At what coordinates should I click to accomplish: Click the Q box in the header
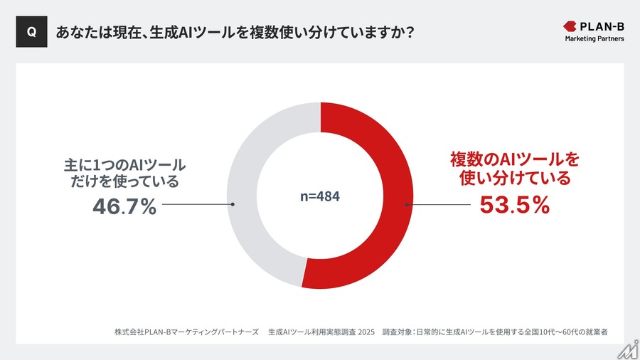[31, 32]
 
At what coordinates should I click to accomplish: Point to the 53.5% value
[515, 205]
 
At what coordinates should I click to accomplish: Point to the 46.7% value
[124, 207]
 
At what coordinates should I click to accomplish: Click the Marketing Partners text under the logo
[594, 38]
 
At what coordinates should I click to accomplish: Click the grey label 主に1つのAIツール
[124, 165]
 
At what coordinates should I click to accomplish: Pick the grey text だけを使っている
[124, 183]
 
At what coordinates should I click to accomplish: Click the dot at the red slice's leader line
[407, 205]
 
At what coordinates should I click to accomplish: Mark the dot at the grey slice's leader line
[233, 204]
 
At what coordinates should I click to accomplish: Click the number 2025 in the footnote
[362, 332]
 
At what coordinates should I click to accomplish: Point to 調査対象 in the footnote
[400, 332]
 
